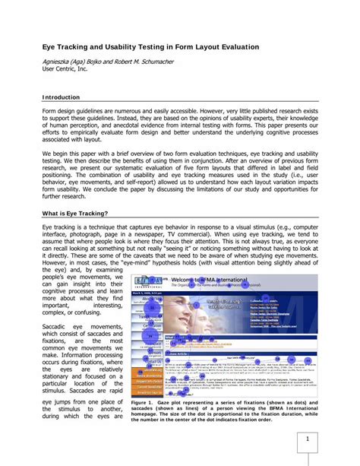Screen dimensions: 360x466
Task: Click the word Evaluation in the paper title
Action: tap(232, 47)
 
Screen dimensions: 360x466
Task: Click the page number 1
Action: tap(308, 439)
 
